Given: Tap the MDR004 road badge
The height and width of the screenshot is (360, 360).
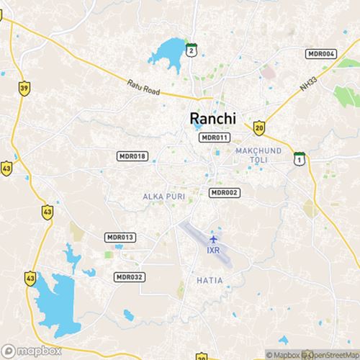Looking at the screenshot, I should click(x=321, y=54).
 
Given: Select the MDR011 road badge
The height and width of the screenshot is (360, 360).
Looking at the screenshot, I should click(x=215, y=138).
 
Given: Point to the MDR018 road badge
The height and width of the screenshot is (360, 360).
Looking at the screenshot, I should click(x=132, y=156).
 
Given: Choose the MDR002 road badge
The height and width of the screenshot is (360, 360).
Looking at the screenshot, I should click(x=224, y=192).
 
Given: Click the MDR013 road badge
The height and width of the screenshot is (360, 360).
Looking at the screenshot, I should click(x=120, y=237).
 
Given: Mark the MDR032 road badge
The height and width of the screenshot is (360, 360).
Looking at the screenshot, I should click(x=130, y=276).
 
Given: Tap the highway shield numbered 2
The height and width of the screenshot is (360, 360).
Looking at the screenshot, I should click(x=191, y=50).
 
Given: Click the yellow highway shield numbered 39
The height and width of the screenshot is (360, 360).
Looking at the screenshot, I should click(x=24, y=88).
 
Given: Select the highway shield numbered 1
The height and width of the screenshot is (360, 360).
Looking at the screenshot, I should click(x=298, y=158).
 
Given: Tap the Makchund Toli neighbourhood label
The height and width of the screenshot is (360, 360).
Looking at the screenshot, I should click(x=256, y=154).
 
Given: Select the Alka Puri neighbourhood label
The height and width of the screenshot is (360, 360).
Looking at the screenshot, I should click(x=159, y=196).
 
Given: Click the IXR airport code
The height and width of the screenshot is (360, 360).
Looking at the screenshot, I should click(x=213, y=251).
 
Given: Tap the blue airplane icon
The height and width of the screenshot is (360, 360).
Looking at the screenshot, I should click(x=213, y=238).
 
